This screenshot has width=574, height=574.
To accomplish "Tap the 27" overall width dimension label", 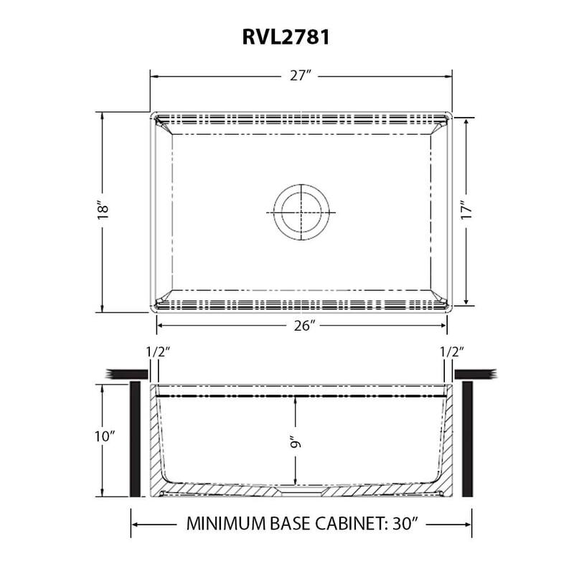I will (x=301, y=76).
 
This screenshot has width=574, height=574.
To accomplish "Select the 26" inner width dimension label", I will (x=304, y=326).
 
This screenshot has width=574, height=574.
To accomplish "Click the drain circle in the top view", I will (x=301, y=212).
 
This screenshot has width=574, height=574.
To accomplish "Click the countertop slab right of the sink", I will (x=475, y=372).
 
